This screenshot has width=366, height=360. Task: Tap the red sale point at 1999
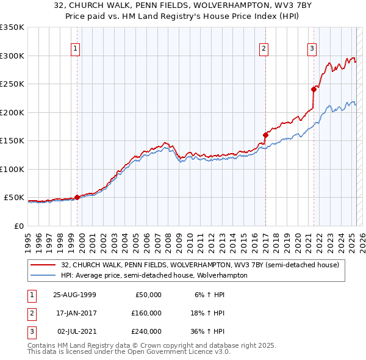pyautogui.click(x=77, y=197)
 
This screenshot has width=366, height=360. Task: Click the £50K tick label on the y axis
pyautogui.click(x=13, y=198)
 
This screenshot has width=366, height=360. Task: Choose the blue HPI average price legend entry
pyautogui.click(x=154, y=275)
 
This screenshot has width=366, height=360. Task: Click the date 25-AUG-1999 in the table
pyautogui.click(x=75, y=295)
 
